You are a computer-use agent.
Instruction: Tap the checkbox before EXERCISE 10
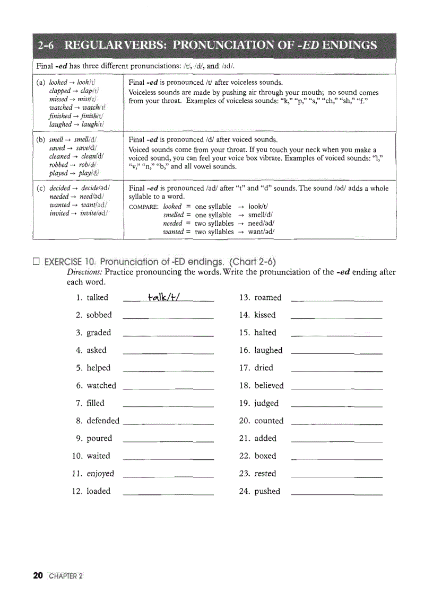click(x=36, y=262)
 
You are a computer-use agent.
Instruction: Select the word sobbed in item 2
click(x=99, y=315)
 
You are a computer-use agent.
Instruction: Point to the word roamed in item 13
click(x=268, y=297)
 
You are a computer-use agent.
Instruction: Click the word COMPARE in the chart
click(x=143, y=207)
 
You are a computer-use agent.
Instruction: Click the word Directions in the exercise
click(x=84, y=272)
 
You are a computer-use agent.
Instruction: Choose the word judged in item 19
click(x=266, y=403)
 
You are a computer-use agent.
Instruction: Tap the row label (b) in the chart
click(x=41, y=140)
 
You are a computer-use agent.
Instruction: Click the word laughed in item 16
click(x=269, y=350)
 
